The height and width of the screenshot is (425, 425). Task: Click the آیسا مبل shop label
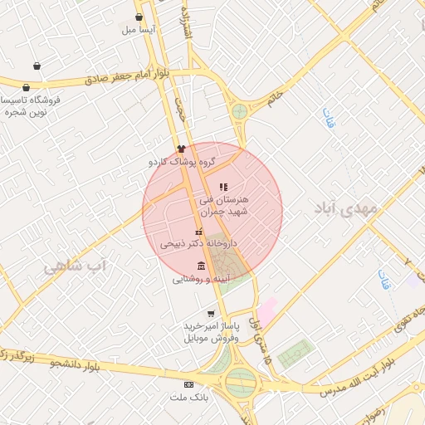point(139,30)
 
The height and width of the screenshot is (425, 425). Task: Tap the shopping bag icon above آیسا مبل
point(139,17)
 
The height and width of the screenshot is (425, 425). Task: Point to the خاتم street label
point(275,100)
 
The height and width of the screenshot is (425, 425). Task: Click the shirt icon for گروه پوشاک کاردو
point(181,148)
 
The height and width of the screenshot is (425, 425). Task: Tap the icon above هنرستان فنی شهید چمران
point(223,187)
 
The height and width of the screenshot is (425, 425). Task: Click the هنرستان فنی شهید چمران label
point(223,206)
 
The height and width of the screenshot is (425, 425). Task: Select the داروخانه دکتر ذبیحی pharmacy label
point(198,244)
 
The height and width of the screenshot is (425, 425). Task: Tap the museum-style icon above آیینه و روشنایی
point(202,266)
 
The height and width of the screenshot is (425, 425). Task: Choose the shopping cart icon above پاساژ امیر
point(211,314)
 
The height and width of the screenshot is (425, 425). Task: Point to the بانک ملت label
point(190,398)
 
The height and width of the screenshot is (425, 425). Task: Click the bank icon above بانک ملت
point(189,385)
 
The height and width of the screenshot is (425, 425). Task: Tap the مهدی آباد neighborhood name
point(345,208)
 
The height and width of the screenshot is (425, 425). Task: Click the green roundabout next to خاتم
point(240,111)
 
